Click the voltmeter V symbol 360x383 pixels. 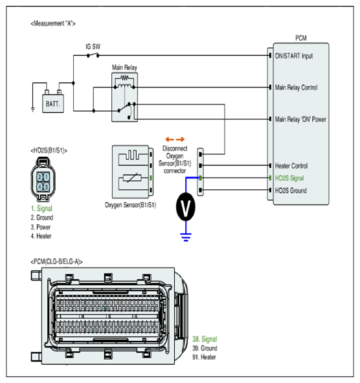tap(185, 207)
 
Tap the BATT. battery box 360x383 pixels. tap(53, 104)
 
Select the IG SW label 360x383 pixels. tap(93, 47)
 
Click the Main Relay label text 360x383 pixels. tap(124, 67)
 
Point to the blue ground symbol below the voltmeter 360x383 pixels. tap(186, 237)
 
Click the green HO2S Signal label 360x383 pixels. tap(289, 178)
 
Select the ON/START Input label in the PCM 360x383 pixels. tap(294, 56)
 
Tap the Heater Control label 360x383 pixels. tap(291, 166)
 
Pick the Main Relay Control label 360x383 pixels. tap(297, 87)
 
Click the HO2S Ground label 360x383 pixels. tap(291, 191)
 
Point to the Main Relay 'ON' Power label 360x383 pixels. tap(300, 119)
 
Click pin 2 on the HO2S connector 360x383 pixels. tap(39, 177)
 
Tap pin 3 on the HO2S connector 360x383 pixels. tap(47, 187)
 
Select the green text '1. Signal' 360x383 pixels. tap(41, 209)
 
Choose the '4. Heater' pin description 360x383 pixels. tap(41, 236)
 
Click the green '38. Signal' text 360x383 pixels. tap(205, 339)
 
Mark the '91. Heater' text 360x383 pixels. tap(204, 357)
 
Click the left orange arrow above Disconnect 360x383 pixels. tap(170, 139)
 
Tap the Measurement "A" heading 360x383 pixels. tap(53, 23)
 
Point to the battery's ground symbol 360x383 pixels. tap(33, 110)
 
